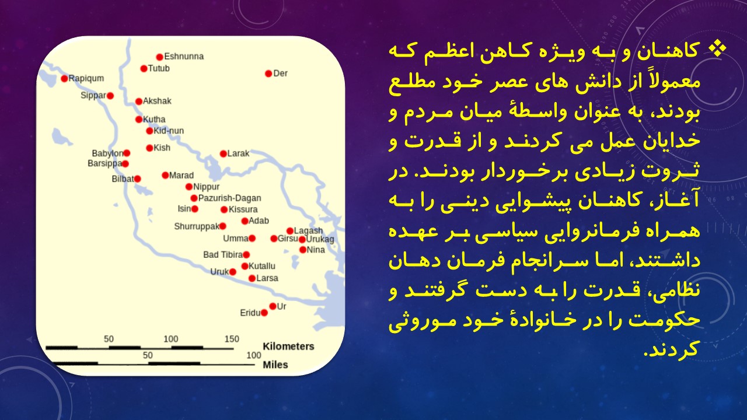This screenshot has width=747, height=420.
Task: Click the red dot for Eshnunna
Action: click(160, 57)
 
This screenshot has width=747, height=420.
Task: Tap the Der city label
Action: click(280, 73)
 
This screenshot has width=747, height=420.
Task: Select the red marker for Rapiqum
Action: click(64, 79)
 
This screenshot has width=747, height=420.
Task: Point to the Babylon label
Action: click(107, 153)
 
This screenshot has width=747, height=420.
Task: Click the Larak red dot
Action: click(224, 153)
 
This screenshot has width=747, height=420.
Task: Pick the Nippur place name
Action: click(207, 187)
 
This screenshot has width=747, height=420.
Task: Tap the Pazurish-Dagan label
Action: click(230, 198)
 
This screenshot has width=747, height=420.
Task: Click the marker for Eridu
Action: click(264, 313)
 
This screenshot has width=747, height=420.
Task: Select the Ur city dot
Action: click(273, 306)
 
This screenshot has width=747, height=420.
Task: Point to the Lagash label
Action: click(309, 230)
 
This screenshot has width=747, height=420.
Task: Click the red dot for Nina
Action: click(303, 250)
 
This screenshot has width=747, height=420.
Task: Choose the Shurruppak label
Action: click(197, 227)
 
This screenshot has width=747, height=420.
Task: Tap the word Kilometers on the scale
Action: click(288, 346)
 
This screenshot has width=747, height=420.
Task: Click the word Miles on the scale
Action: click(275, 365)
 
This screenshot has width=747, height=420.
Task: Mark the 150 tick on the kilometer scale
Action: click(232, 339)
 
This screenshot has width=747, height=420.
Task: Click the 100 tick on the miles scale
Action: click(254, 355)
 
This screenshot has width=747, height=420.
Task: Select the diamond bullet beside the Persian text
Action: click(717, 50)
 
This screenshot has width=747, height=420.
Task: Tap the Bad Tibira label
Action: click(223, 255)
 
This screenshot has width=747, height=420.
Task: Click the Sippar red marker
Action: click(110, 96)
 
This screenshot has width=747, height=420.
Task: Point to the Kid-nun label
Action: click(169, 131)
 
